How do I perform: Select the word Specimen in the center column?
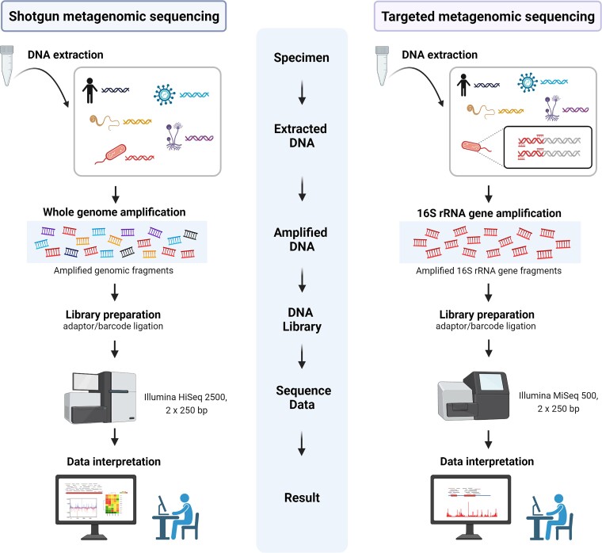302,59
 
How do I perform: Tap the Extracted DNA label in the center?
302,135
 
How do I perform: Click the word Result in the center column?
302,498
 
